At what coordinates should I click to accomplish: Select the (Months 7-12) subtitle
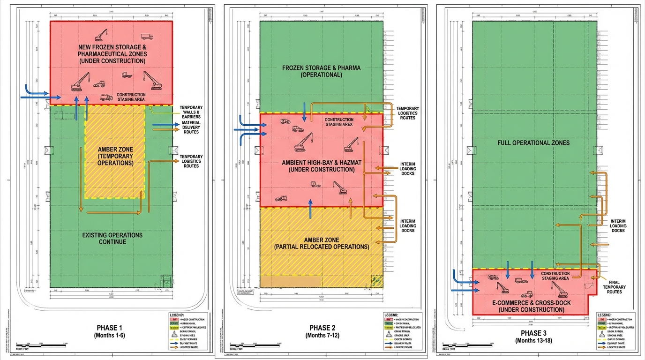pyautogui.click(x=322, y=335)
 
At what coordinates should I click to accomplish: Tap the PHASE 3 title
pyautogui.click(x=533, y=333)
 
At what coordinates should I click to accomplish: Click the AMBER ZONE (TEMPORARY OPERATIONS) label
pyautogui.click(x=115, y=156)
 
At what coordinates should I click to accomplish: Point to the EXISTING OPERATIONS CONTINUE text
pyautogui.click(x=112, y=238)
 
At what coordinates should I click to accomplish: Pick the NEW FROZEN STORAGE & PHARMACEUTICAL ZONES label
pyautogui.click(x=112, y=54)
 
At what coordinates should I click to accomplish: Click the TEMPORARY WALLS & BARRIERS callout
pyautogui.click(x=191, y=112)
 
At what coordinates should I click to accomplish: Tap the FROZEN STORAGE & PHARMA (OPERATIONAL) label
pyautogui.click(x=322, y=71)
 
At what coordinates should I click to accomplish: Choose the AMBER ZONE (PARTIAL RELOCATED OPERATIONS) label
pyautogui.click(x=322, y=243)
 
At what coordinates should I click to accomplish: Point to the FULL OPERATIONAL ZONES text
pyautogui.click(x=533, y=142)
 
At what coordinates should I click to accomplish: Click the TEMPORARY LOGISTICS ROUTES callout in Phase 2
pyautogui.click(x=407, y=113)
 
